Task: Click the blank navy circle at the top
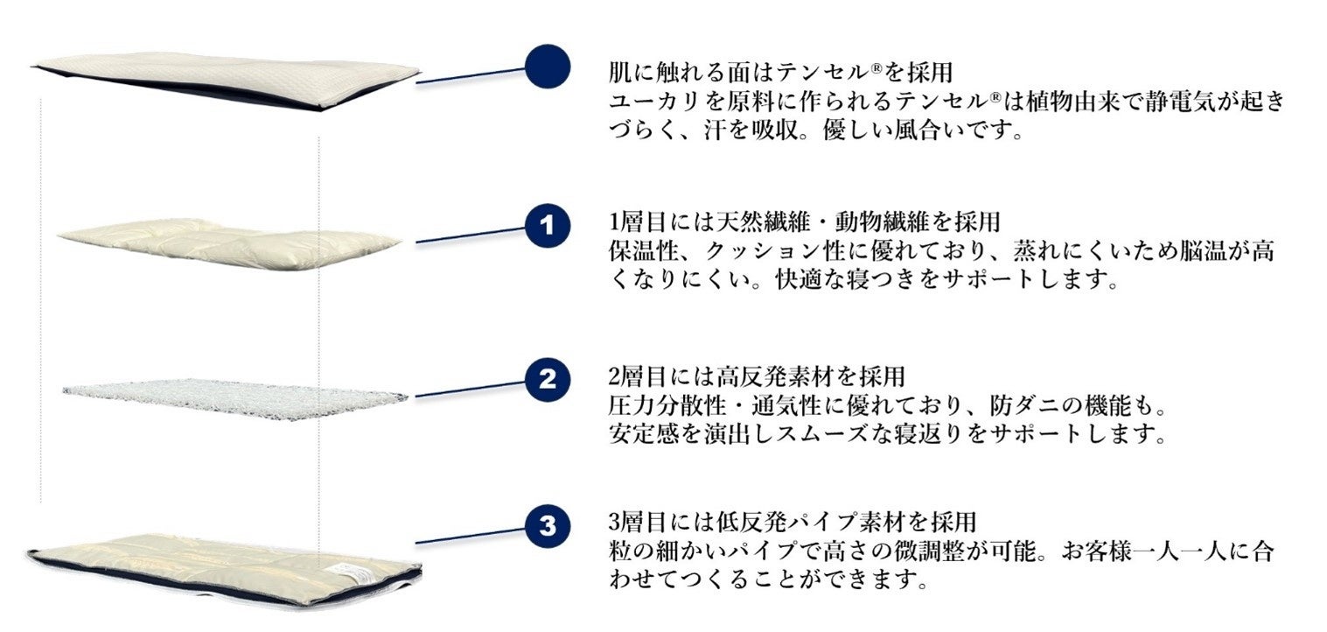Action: [548, 67]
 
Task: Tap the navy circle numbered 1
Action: [548, 225]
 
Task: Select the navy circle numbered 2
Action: [548, 379]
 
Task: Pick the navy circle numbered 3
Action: [548, 526]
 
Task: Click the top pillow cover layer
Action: [225, 81]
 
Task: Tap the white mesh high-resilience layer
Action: [234, 398]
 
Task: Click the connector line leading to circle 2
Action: [471, 390]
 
